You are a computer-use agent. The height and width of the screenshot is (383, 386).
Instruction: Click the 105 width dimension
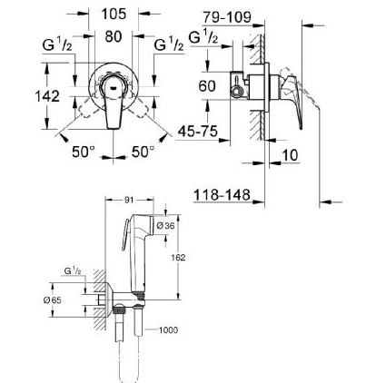(x=114, y=14)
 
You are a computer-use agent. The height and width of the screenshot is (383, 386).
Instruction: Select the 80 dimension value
(x=114, y=37)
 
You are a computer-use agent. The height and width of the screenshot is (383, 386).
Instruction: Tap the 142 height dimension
(x=47, y=96)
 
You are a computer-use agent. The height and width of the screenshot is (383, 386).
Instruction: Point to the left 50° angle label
(x=84, y=152)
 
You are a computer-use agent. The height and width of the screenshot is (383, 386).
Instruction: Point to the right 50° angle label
(x=143, y=152)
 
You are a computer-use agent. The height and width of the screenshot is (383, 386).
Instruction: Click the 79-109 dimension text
(x=227, y=17)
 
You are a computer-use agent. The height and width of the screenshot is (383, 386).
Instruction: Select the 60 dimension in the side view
(x=207, y=86)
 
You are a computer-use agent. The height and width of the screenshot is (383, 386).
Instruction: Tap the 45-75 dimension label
(x=198, y=132)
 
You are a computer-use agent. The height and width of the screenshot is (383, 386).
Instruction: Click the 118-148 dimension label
(x=222, y=195)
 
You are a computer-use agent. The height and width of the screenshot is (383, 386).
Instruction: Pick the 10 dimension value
(x=290, y=155)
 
